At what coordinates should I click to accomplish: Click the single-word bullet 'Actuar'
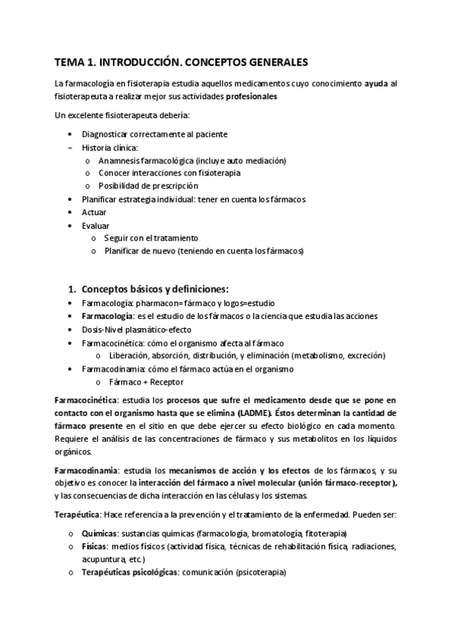pos(94,212)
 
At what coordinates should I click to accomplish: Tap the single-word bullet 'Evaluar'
pos(96,225)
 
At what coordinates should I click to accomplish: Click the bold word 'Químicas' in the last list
pos(102,533)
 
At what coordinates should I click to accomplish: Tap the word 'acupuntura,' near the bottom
pos(105,559)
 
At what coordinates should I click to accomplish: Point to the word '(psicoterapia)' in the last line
pos(261,572)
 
